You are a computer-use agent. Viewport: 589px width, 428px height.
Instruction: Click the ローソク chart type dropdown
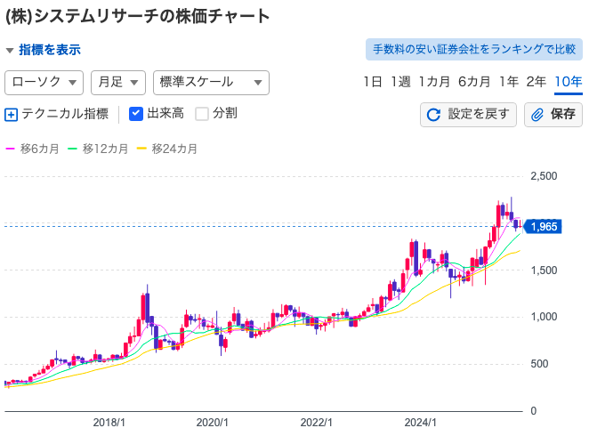pyautogui.click(x=44, y=82)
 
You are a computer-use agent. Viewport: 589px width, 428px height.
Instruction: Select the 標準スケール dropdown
pyautogui.click(x=211, y=82)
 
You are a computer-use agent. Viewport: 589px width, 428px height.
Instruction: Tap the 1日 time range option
pyautogui.click(x=373, y=82)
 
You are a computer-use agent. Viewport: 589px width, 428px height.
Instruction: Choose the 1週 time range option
pyautogui.click(x=400, y=82)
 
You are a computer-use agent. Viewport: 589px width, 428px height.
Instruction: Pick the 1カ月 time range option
pyautogui.click(x=434, y=82)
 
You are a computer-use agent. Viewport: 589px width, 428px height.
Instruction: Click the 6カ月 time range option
pyautogui.click(x=474, y=82)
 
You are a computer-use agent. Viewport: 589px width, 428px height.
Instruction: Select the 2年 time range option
pyautogui.click(x=537, y=82)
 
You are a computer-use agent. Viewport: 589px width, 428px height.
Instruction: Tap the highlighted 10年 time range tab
pyautogui.click(x=568, y=82)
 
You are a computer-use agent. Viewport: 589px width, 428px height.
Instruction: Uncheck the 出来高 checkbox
pyautogui.click(x=136, y=114)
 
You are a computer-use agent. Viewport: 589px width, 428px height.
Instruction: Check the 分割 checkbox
pyautogui.click(x=202, y=114)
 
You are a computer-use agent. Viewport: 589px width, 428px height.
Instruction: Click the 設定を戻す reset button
pyautogui.click(x=468, y=114)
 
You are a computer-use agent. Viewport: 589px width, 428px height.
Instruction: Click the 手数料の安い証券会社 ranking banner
pyautogui.click(x=473, y=49)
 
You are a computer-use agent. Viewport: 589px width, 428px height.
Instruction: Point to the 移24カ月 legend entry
pyautogui.click(x=169, y=149)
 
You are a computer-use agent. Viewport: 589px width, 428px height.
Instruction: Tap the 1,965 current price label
pyautogui.click(x=543, y=226)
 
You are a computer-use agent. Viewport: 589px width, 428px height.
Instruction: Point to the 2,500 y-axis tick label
pyautogui.click(x=543, y=176)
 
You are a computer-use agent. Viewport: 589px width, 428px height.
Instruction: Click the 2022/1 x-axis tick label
pyautogui.click(x=316, y=423)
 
